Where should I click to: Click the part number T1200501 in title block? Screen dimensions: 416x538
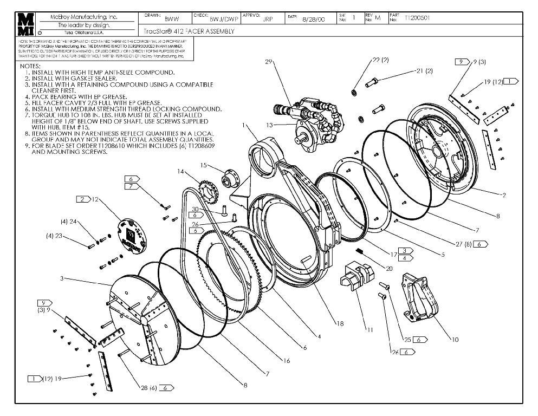coord(417,18)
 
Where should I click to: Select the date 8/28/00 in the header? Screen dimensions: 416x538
coord(313,18)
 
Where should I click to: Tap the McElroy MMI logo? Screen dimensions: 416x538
coord(25,24)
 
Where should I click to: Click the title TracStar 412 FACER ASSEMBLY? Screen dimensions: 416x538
coord(190,31)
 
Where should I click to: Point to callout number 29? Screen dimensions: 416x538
coord(268,62)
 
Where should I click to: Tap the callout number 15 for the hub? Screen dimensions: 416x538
coord(204,165)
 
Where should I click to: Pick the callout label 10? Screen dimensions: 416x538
coord(455,340)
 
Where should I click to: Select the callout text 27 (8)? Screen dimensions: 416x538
coord(463,244)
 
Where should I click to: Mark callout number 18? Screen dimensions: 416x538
coord(340,324)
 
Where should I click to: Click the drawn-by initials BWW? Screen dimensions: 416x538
coord(172,18)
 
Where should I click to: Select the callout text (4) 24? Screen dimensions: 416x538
coord(68,221)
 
